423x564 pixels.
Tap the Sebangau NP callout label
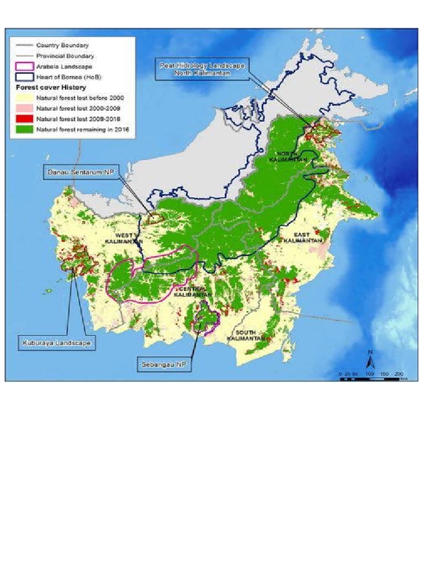click(x=164, y=364)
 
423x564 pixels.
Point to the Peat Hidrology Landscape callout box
click(x=199, y=69)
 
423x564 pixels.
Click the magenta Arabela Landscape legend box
click(x=23, y=67)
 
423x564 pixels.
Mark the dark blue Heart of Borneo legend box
click(x=23, y=77)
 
